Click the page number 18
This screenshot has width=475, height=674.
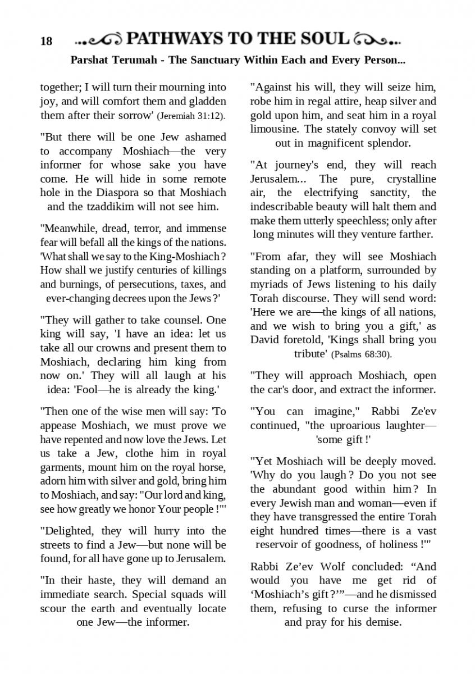pos(46,41)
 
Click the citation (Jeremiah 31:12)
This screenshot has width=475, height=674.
pos(191,116)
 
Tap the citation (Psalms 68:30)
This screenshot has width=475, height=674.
pos(362,354)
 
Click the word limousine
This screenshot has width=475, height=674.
pos(275,129)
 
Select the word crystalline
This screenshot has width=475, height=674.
pos(412,179)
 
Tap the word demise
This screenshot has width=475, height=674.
pos(382,622)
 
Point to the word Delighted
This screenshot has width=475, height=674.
pos(68,531)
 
